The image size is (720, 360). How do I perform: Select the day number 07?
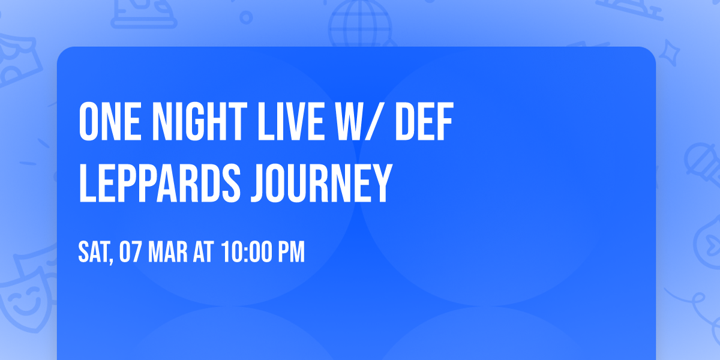(x=130, y=252)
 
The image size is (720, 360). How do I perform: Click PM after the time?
(x=291, y=252)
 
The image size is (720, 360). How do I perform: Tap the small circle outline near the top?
(x=245, y=17)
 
